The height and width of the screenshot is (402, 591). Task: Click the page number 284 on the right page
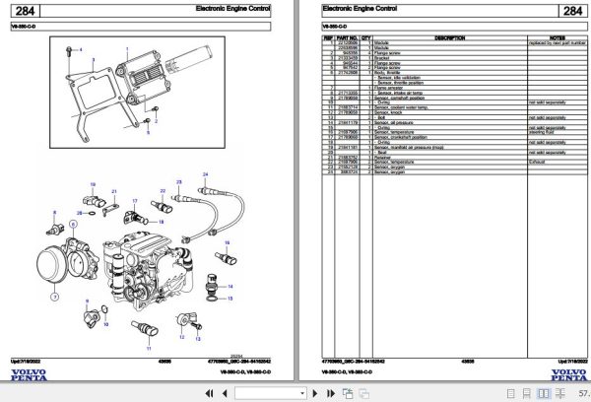pos(571,12)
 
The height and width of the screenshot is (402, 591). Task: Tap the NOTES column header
pos(556,38)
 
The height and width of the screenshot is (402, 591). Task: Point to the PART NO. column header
pos(348,38)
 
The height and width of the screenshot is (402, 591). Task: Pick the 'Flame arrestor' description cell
pos(394,87)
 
